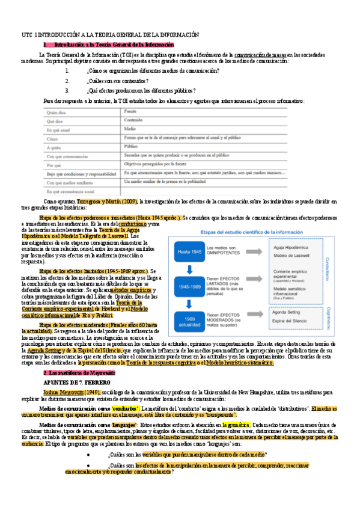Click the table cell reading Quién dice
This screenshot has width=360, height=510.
(x=56, y=112)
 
